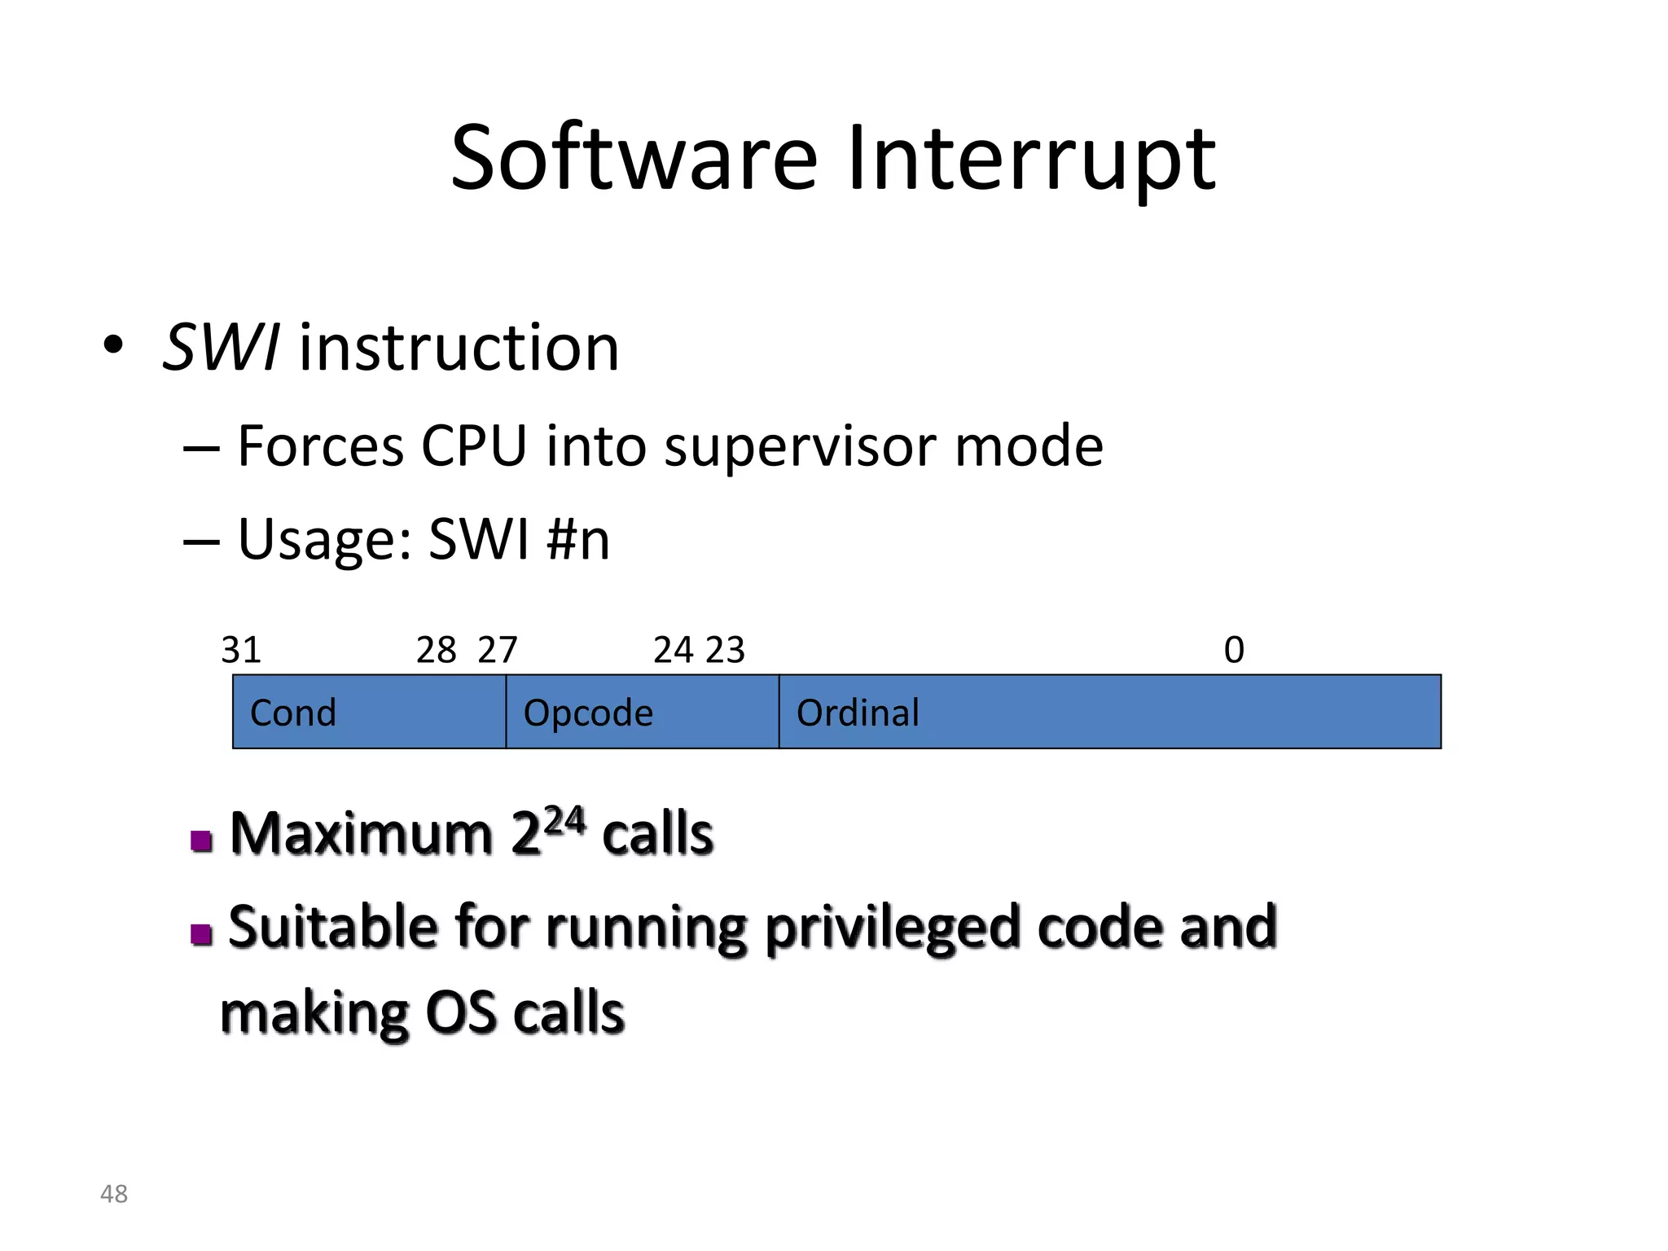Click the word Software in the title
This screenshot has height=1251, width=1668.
(x=634, y=158)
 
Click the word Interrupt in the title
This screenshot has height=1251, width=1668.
(x=1031, y=158)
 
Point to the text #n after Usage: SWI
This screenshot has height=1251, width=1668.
(x=578, y=539)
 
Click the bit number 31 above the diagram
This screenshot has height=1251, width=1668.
(x=241, y=650)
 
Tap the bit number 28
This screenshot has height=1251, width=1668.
(x=436, y=650)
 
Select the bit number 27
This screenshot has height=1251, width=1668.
(x=498, y=650)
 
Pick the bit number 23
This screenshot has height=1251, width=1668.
(x=725, y=650)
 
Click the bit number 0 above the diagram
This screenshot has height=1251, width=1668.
(x=1234, y=650)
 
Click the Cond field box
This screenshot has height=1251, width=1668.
(x=369, y=712)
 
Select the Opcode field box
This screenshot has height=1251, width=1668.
(x=642, y=712)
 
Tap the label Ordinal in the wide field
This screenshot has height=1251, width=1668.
(x=858, y=713)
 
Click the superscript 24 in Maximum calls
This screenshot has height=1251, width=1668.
(x=564, y=821)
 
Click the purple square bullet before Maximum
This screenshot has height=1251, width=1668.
(x=201, y=840)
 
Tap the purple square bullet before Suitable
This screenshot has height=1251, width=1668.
(x=201, y=933)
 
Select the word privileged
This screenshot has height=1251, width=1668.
(x=892, y=928)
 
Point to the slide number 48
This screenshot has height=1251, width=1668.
(x=114, y=1194)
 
